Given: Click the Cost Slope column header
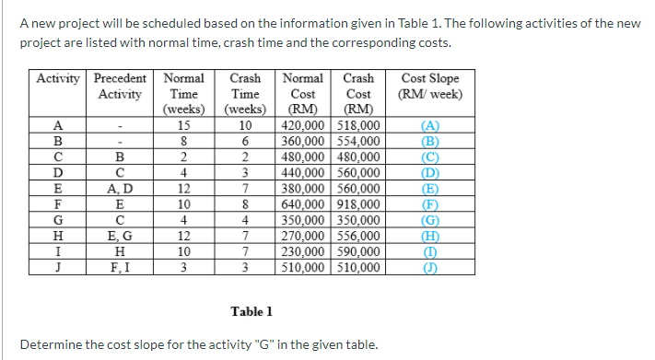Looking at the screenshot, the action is [x=429, y=86].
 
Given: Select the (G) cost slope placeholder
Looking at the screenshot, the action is [x=429, y=220].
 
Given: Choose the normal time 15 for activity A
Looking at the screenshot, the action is [x=183, y=126].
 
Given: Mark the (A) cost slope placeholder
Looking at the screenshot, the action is [x=429, y=126].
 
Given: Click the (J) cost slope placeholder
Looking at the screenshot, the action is [x=429, y=268].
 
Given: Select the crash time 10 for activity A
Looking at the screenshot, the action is [x=245, y=126].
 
